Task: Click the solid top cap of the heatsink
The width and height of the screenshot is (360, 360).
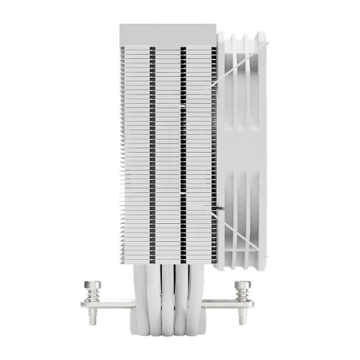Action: coord(168,35)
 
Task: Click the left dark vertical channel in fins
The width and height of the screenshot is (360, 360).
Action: coord(152,144)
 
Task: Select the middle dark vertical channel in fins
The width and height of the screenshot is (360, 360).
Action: coord(183,144)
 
